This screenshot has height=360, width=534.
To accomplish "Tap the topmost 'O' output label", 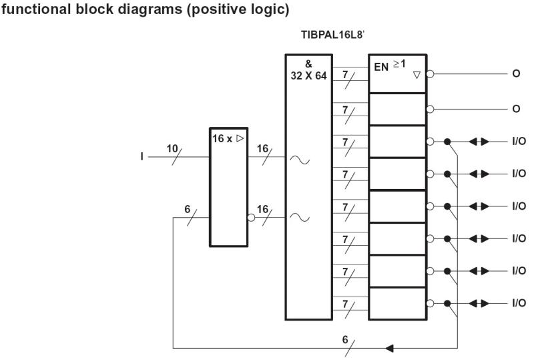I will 515,74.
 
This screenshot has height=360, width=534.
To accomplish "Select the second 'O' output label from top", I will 515,109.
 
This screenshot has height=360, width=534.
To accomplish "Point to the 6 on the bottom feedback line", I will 346,339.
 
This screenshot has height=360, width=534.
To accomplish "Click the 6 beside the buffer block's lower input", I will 188,210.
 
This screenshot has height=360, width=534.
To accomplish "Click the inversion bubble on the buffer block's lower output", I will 251,218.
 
